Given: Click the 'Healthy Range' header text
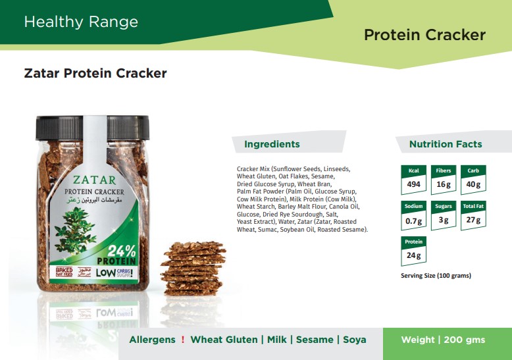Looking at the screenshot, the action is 81,22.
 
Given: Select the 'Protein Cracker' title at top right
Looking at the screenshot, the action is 425,35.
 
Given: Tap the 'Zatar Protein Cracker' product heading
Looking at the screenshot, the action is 95,73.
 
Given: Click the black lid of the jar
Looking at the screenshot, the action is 92,128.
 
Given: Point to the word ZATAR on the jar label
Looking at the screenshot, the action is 94,180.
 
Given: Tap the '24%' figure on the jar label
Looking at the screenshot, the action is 122,251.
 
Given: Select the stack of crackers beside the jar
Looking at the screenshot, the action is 193,269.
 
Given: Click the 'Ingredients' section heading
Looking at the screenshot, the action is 272,144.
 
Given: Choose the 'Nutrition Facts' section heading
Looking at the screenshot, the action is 446,144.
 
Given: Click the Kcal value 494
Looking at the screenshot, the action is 413,184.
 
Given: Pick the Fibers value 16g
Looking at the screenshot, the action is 444,184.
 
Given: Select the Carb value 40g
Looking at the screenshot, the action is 473,184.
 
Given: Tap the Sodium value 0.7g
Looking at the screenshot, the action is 413,221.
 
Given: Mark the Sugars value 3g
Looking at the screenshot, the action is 444,220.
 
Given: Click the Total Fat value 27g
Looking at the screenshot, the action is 473,220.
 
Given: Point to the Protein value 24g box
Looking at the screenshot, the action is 413,251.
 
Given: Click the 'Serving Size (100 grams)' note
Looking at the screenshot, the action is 436,275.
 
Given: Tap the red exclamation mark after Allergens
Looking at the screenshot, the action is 183,340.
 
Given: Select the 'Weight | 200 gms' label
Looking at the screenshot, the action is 443,340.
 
